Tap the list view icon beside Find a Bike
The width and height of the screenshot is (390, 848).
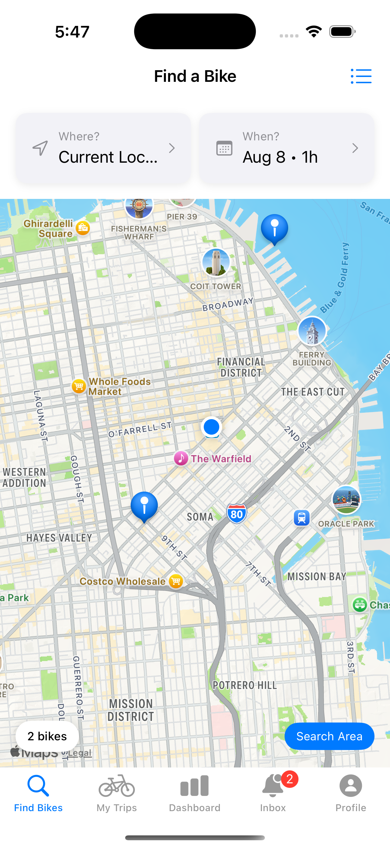coord(361,76)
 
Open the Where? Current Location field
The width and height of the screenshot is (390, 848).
coord(103,148)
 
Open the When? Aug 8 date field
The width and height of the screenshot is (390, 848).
coord(286,148)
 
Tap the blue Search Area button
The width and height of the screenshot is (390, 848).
coord(329,736)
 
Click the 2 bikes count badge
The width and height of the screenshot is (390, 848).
coord(47,736)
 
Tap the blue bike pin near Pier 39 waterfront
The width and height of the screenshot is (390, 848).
coord(275,228)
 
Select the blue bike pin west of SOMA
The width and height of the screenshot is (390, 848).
coord(144,505)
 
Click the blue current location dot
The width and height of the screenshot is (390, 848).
coord(211,427)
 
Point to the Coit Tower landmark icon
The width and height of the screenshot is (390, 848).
coord(216,262)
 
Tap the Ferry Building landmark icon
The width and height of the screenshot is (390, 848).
coord(312,331)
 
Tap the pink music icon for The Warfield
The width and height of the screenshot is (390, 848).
coord(181,458)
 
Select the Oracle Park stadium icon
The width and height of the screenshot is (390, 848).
coord(346,500)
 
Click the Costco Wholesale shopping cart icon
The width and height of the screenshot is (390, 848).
coord(176,581)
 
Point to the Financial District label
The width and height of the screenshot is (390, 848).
coord(241,367)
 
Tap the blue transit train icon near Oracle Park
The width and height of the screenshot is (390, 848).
coord(301,518)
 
